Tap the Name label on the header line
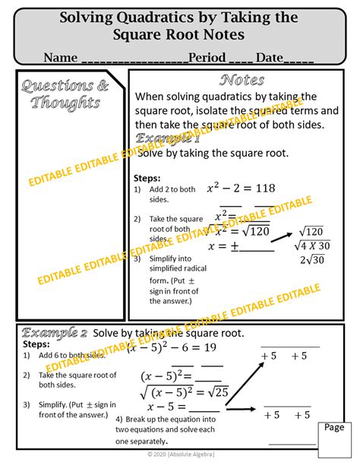point(61,58)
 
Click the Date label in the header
point(270,58)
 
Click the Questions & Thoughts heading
point(65,94)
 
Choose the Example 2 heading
point(55,333)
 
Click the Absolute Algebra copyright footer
point(179,456)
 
